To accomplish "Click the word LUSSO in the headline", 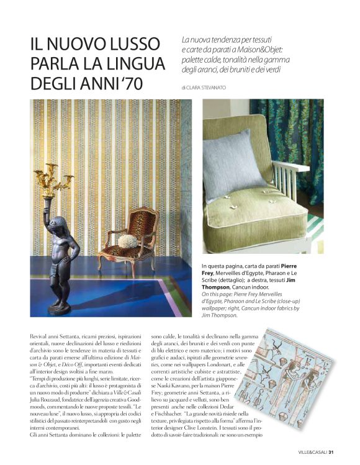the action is [131, 45].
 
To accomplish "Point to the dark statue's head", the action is [55, 223].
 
